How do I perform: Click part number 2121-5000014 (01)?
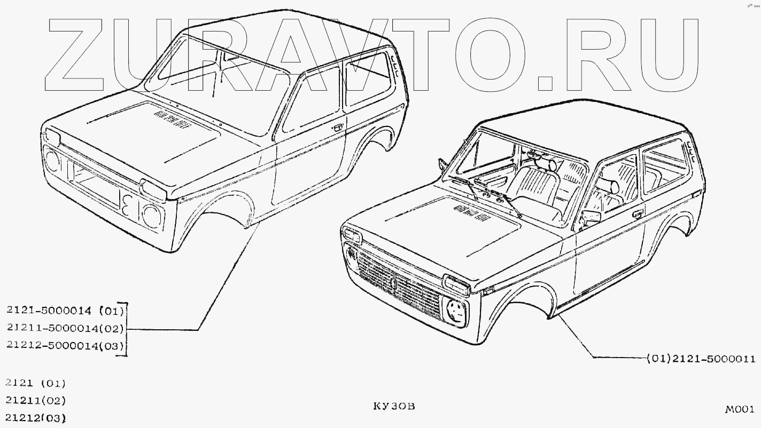(65, 310)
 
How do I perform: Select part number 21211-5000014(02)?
(65, 328)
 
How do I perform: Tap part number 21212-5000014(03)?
(65, 345)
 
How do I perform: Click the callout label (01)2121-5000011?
(701, 359)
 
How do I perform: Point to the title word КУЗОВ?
(394, 407)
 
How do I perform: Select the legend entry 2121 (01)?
(35, 383)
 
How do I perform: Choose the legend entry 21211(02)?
(35, 400)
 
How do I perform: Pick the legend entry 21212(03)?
(35, 417)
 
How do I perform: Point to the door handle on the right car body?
(638, 215)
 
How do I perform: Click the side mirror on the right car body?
(591, 217)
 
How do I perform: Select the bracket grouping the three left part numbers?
(126, 328)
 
